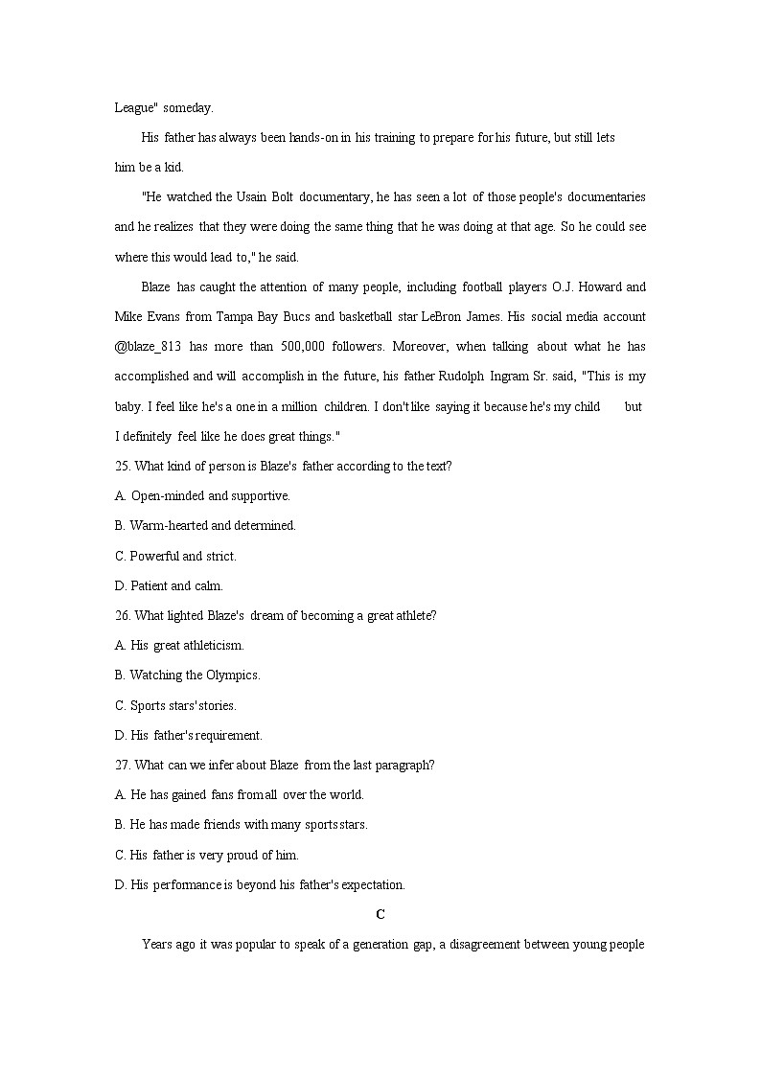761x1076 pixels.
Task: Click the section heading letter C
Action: pos(380,914)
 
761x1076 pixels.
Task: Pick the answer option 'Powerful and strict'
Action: pos(182,556)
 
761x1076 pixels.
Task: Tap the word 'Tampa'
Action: pos(235,316)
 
